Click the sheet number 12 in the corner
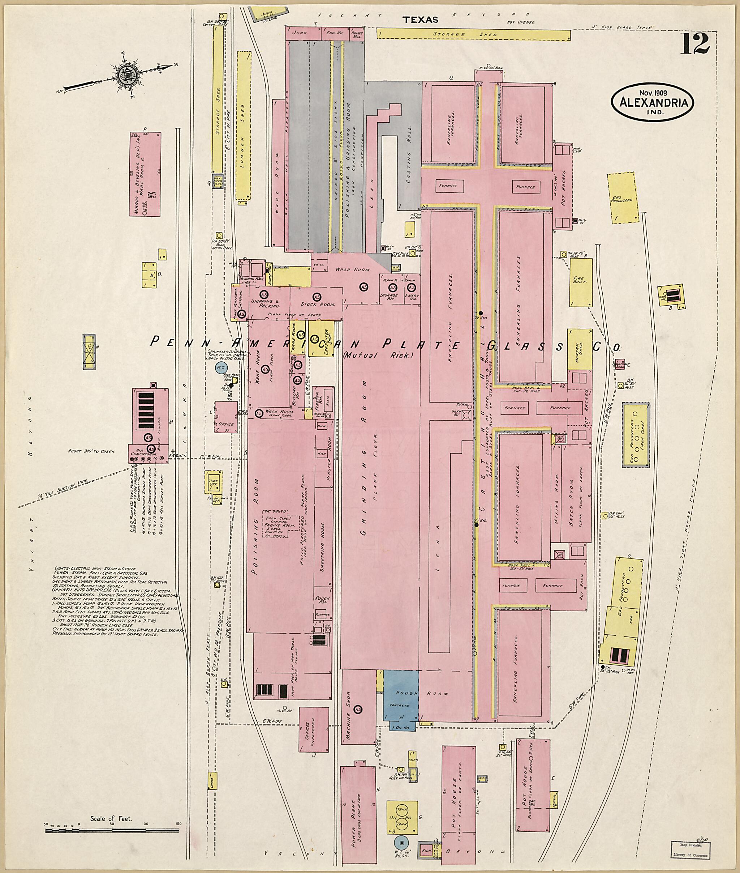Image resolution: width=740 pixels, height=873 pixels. [695, 44]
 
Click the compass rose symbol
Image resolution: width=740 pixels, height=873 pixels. [125, 75]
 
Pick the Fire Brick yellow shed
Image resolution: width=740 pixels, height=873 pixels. [581, 282]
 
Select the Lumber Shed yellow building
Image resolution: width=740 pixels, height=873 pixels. [243, 125]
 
